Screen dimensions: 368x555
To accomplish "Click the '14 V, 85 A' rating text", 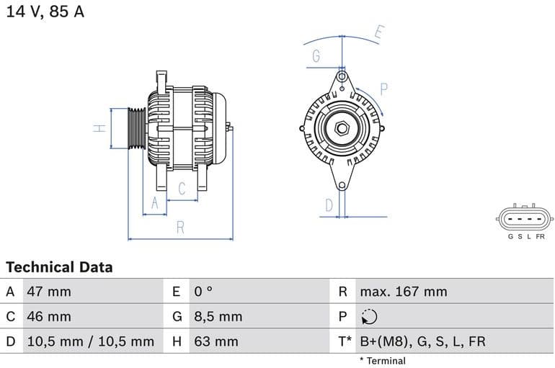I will coord(45,12).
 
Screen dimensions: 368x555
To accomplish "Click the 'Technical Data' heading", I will coord(59,267).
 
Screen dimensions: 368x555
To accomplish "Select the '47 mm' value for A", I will coord(49,292).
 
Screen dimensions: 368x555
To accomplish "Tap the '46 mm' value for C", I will coord(49,316).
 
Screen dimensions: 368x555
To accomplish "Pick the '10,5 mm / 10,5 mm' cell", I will coord(90,341).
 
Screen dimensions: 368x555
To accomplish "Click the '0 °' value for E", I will coord(203,292).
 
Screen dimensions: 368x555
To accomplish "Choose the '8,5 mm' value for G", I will coord(218,316).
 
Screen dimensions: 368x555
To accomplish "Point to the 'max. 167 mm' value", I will coord(404,292).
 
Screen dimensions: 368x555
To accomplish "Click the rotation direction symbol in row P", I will coord(369,317).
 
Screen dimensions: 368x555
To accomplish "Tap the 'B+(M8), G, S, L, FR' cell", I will coord(422,341).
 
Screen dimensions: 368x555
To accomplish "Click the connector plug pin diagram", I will coord(525,218).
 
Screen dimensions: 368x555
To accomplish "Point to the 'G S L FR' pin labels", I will coord(525,236).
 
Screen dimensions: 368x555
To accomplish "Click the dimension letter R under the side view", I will coord(180,228).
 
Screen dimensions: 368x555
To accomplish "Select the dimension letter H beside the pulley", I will coord(100,128).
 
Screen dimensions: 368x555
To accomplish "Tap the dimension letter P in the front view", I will coord(384,89).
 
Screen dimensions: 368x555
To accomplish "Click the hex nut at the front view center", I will coord(342,130).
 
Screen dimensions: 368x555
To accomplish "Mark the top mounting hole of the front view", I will coord(342,76).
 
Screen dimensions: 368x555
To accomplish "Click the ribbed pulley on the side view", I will coord(136,129).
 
